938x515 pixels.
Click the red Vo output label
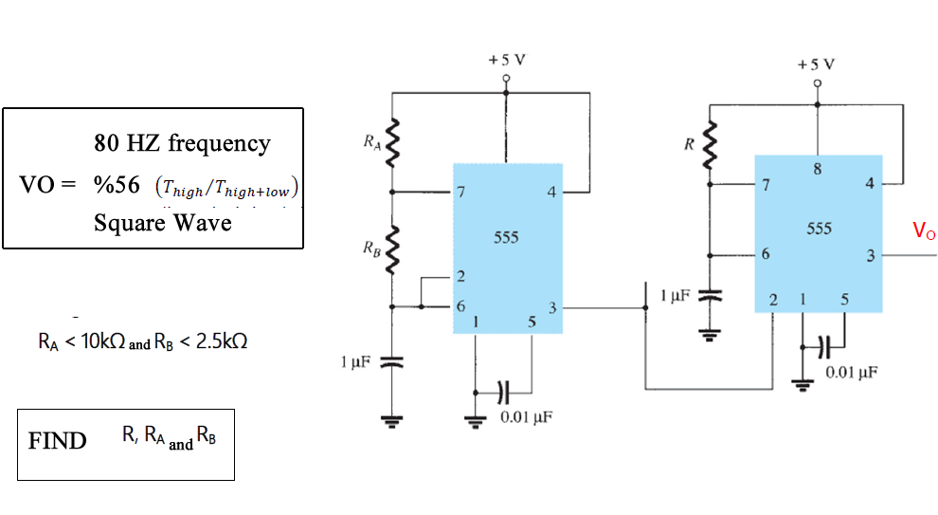[x=923, y=230]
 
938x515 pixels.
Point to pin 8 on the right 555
[x=818, y=170]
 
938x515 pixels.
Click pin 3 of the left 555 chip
[x=553, y=307]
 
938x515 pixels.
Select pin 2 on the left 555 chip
[x=461, y=278]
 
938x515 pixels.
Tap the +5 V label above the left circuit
[x=507, y=59]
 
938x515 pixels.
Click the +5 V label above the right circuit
[x=817, y=64]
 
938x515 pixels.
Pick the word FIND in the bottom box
[x=57, y=441]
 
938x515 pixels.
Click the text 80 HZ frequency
[x=182, y=143]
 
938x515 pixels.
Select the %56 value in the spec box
[x=117, y=183]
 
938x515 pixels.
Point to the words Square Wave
[x=162, y=223]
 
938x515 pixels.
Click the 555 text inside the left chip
[x=506, y=237]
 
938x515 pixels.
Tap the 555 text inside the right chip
[x=819, y=229]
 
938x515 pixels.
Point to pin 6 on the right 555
[x=765, y=255]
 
